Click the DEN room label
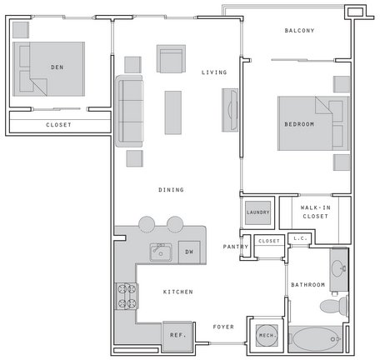click(x=57, y=67)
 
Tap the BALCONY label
click(x=299, y=31)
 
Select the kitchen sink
click(x=161, y=252)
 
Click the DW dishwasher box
click(x=189, y=252)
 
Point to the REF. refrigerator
click(x=177, y=337)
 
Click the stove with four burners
click(x=127, y=296)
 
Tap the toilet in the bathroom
click(x=334, y=306)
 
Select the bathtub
click(x=316, y=339)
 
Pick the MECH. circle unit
click(x=267, y=336)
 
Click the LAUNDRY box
click(x=258, y=212)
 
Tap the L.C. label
click(x=300, y=238)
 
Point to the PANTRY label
click(x=236, y=247)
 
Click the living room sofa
click(x=129, y=111)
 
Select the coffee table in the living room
click(x=173, y=112)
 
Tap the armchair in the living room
click(x=171, y=59)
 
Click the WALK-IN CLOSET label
click(x=316, y=212)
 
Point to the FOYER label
click(x=223, y=327)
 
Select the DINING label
click(x=171, y=190)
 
